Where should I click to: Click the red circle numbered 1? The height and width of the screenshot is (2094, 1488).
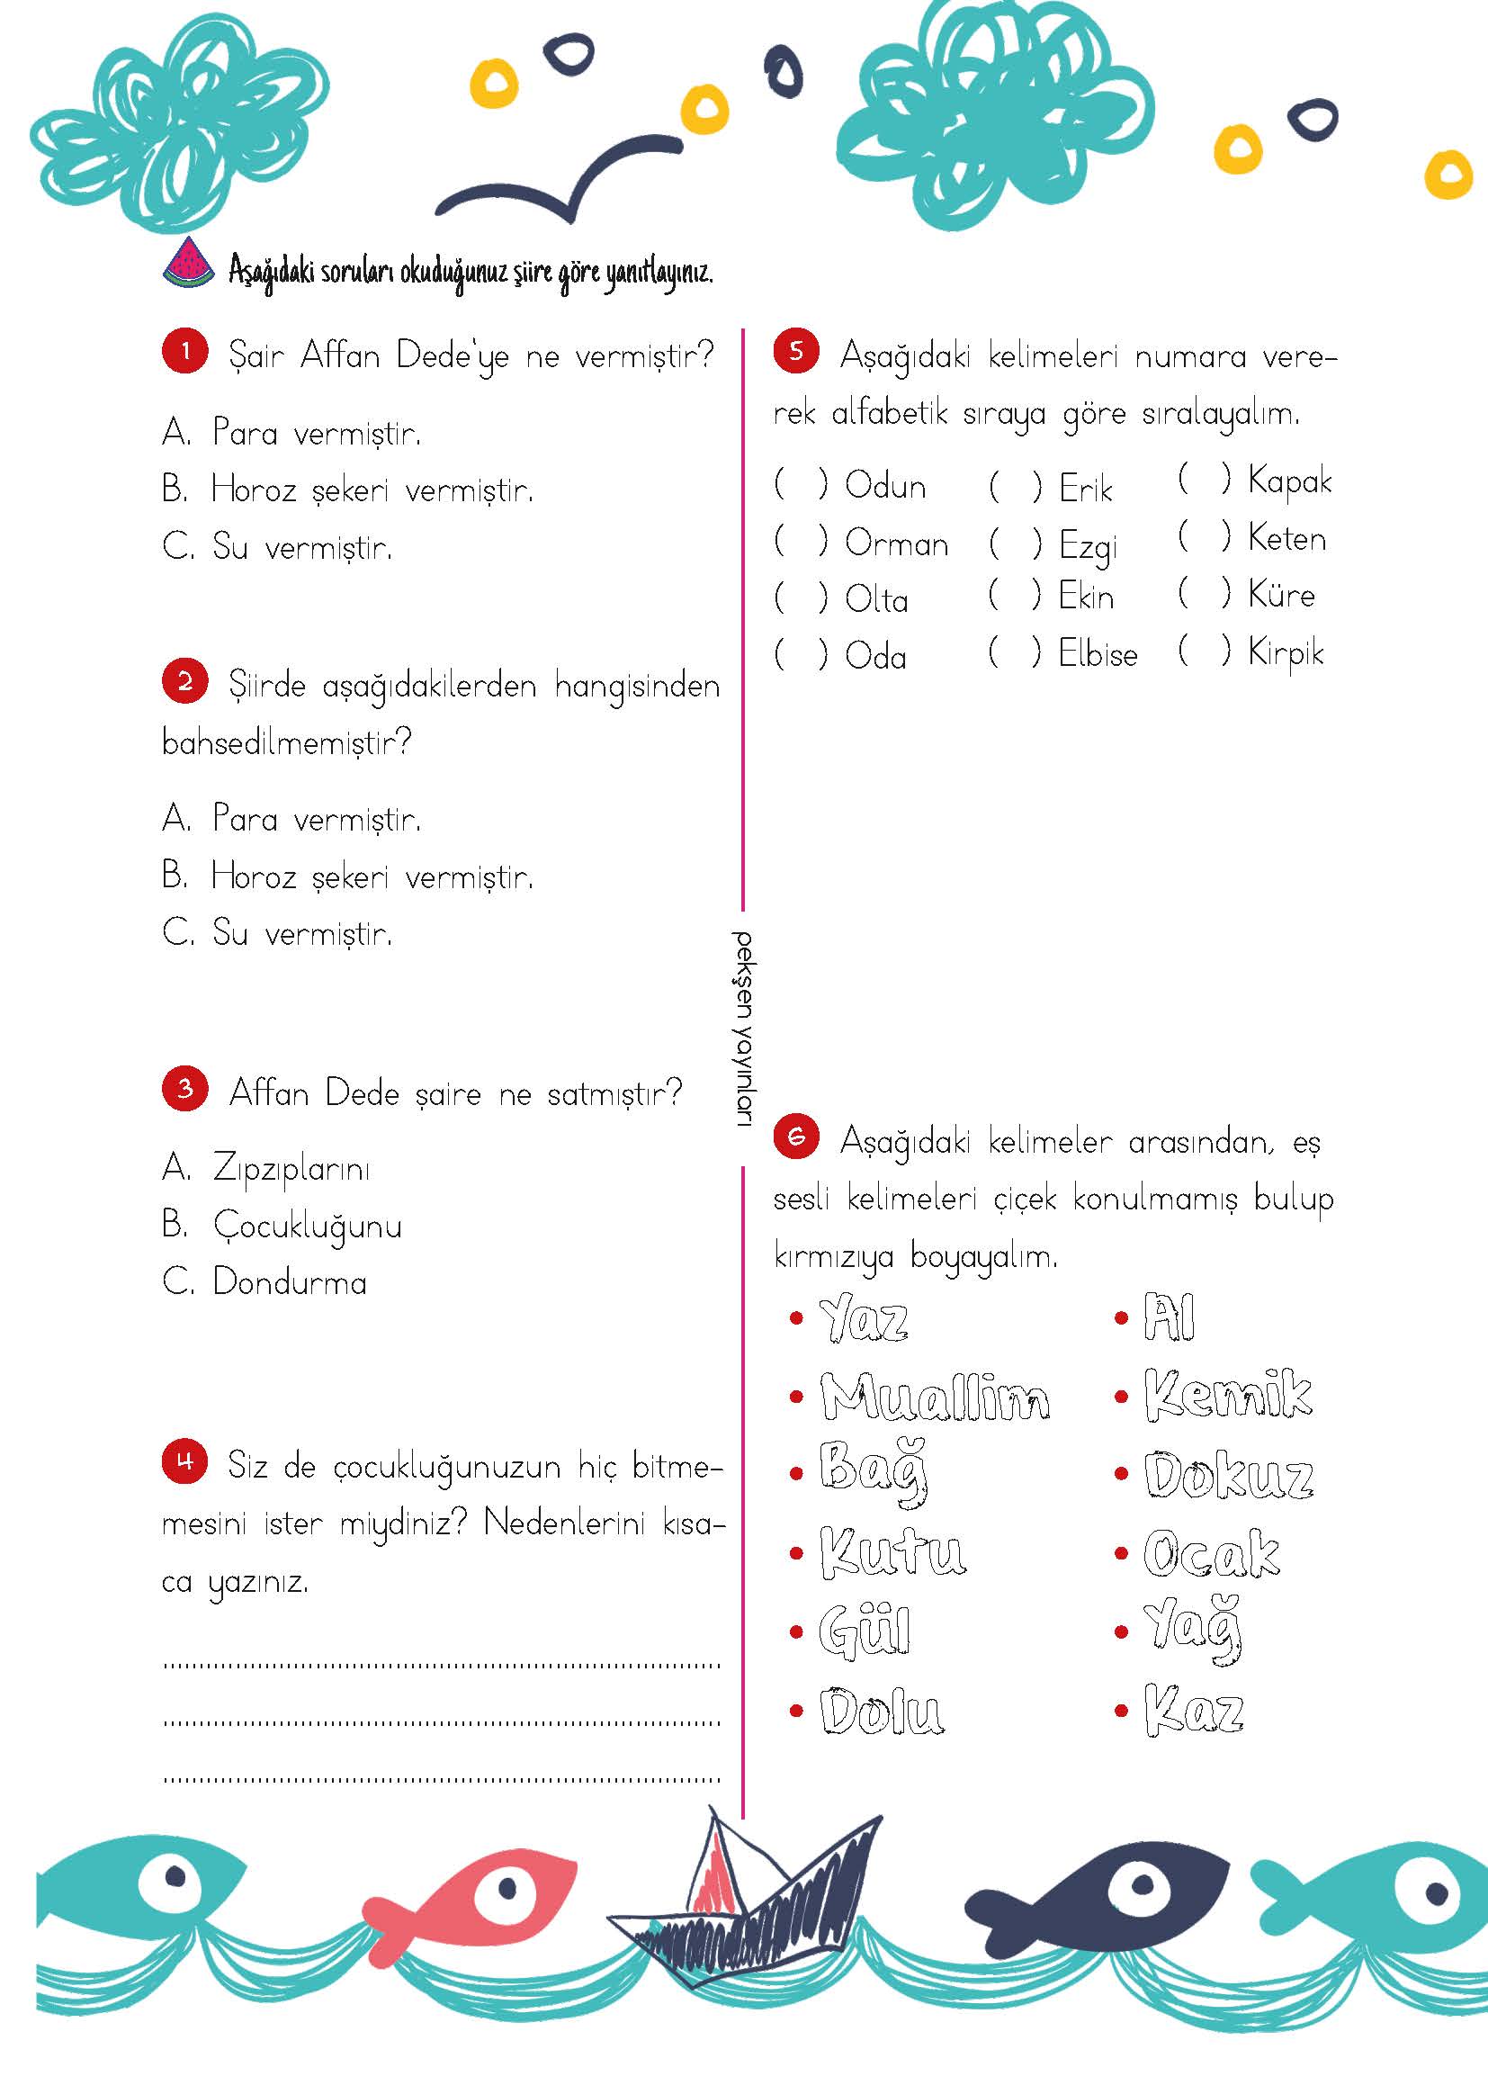click(185, 353)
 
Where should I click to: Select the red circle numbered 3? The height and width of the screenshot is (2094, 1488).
click(185, 1090)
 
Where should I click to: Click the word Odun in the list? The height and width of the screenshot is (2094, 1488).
click(885, 485)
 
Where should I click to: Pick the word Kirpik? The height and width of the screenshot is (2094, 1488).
click(1286, 653)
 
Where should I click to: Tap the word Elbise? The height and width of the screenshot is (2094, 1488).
click(1098, 654)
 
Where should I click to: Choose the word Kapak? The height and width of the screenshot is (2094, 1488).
click(1289, 481)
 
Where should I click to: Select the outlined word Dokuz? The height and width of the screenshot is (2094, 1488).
click(1228, 1477)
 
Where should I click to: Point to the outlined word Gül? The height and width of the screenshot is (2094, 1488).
click(864, 1632)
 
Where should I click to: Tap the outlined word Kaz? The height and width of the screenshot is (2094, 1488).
click(1193, 1710)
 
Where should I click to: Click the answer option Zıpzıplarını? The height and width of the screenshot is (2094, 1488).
click(291, 1169)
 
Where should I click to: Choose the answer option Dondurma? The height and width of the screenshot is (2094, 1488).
click(290, 1282)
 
